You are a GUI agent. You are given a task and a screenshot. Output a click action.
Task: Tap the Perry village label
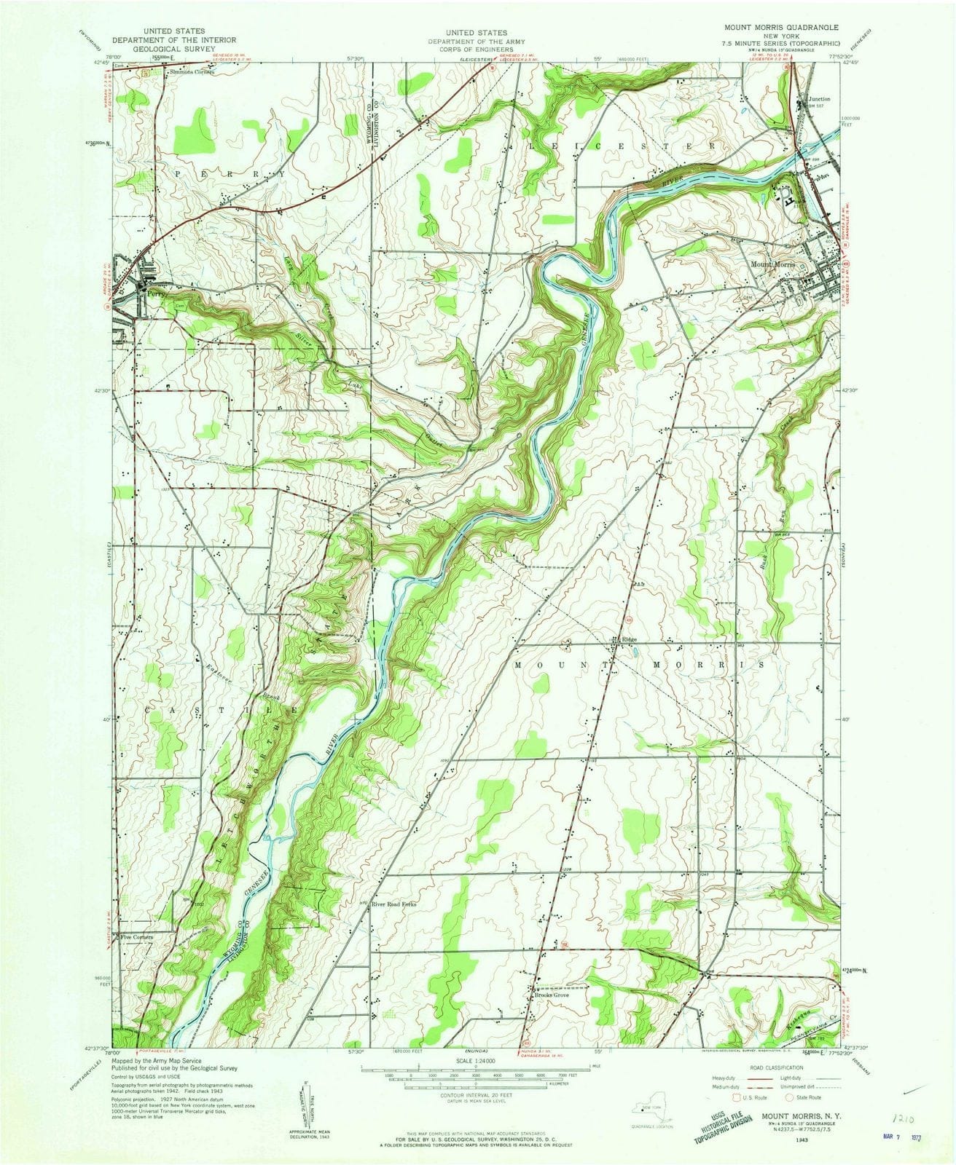point(153,295)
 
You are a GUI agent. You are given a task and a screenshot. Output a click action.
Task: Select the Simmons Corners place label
point(192,73)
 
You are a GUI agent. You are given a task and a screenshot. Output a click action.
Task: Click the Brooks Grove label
point(552,995)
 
